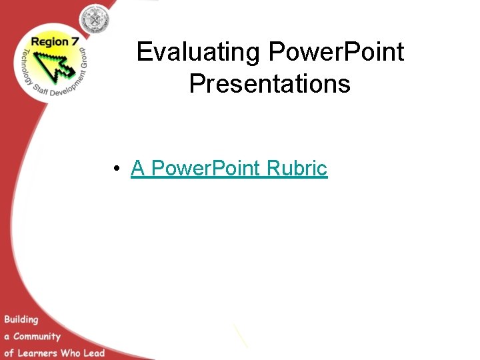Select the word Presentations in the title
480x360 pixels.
coord(270,84)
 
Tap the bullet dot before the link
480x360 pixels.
coord(117,169)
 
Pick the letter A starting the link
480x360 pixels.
coord(138,168)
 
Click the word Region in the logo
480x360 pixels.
coord(47,42)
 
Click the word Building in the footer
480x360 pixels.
coord(21,319)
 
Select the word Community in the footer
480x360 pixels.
coord(37,336)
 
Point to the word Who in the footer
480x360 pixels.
coord(71,353)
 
